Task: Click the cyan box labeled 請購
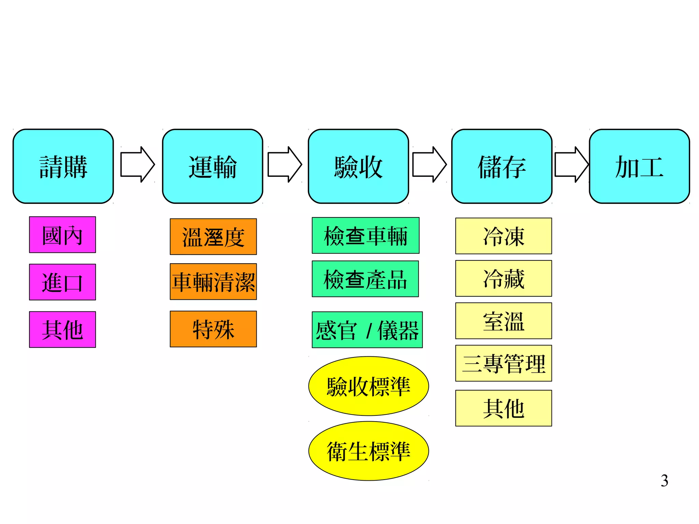click(x=63, y=166)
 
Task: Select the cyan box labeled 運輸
click(x=212, y=166)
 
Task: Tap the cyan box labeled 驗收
click(x=358, y=166)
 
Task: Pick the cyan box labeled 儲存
click(x=502, y=166)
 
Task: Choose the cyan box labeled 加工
click(x=639, y=166)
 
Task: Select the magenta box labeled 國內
click(x=62, y=235)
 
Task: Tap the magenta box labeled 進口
click(x=62, y=282)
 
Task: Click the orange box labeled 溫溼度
click(x=213, y=237)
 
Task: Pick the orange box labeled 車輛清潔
click(x=213, y=282)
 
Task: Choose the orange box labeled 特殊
click(x=213, y=329)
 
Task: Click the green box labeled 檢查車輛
click(x=366, y=236)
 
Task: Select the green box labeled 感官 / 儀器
click(x=367, y=330)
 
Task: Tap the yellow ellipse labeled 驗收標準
click(x=369, y=386)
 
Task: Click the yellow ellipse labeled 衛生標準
click(x=369, y=451)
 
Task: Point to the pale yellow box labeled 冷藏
click(x=503, y=279)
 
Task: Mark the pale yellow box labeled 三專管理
click(x=503, y=363)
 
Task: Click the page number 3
click(x=664, y=481)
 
